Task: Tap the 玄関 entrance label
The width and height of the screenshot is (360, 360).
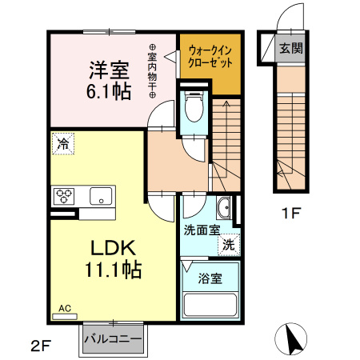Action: click(290, 48)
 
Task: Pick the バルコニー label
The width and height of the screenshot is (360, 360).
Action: click(114, 339)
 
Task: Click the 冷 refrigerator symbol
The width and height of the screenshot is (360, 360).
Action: click(62, 144)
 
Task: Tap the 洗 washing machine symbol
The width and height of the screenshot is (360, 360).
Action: click(229, 244)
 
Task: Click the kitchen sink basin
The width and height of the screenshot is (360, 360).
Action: click(101, 196)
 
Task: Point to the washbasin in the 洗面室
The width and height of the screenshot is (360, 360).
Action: click(224, 210)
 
